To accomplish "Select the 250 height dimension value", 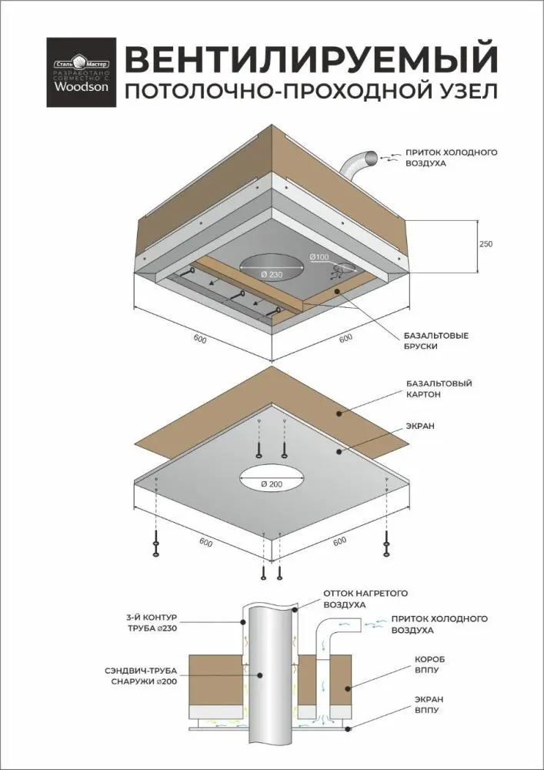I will (485, 243).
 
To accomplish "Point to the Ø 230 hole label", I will (271, 276).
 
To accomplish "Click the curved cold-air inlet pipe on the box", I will (355, 165).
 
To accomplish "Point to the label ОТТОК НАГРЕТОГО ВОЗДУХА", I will (364, 599).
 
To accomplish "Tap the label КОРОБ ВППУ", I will (429, 666).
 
